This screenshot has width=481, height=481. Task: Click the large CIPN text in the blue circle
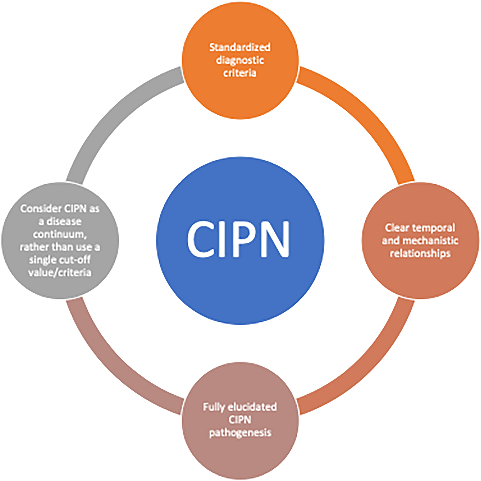(x=238, y=239)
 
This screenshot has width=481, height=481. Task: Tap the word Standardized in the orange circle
(x=240, y=47)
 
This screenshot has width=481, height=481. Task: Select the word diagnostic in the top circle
(x=240, y=60)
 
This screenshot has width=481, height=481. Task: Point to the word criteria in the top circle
(x=240, y=73)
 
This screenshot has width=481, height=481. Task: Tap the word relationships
(x=420, y=253)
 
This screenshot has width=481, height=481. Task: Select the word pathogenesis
(x=240, y=433)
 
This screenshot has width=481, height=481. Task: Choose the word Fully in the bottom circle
(x=214, y=407)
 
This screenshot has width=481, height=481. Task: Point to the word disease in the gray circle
(x=64, y=221)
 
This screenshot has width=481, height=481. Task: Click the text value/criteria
(x=60, y=272)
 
